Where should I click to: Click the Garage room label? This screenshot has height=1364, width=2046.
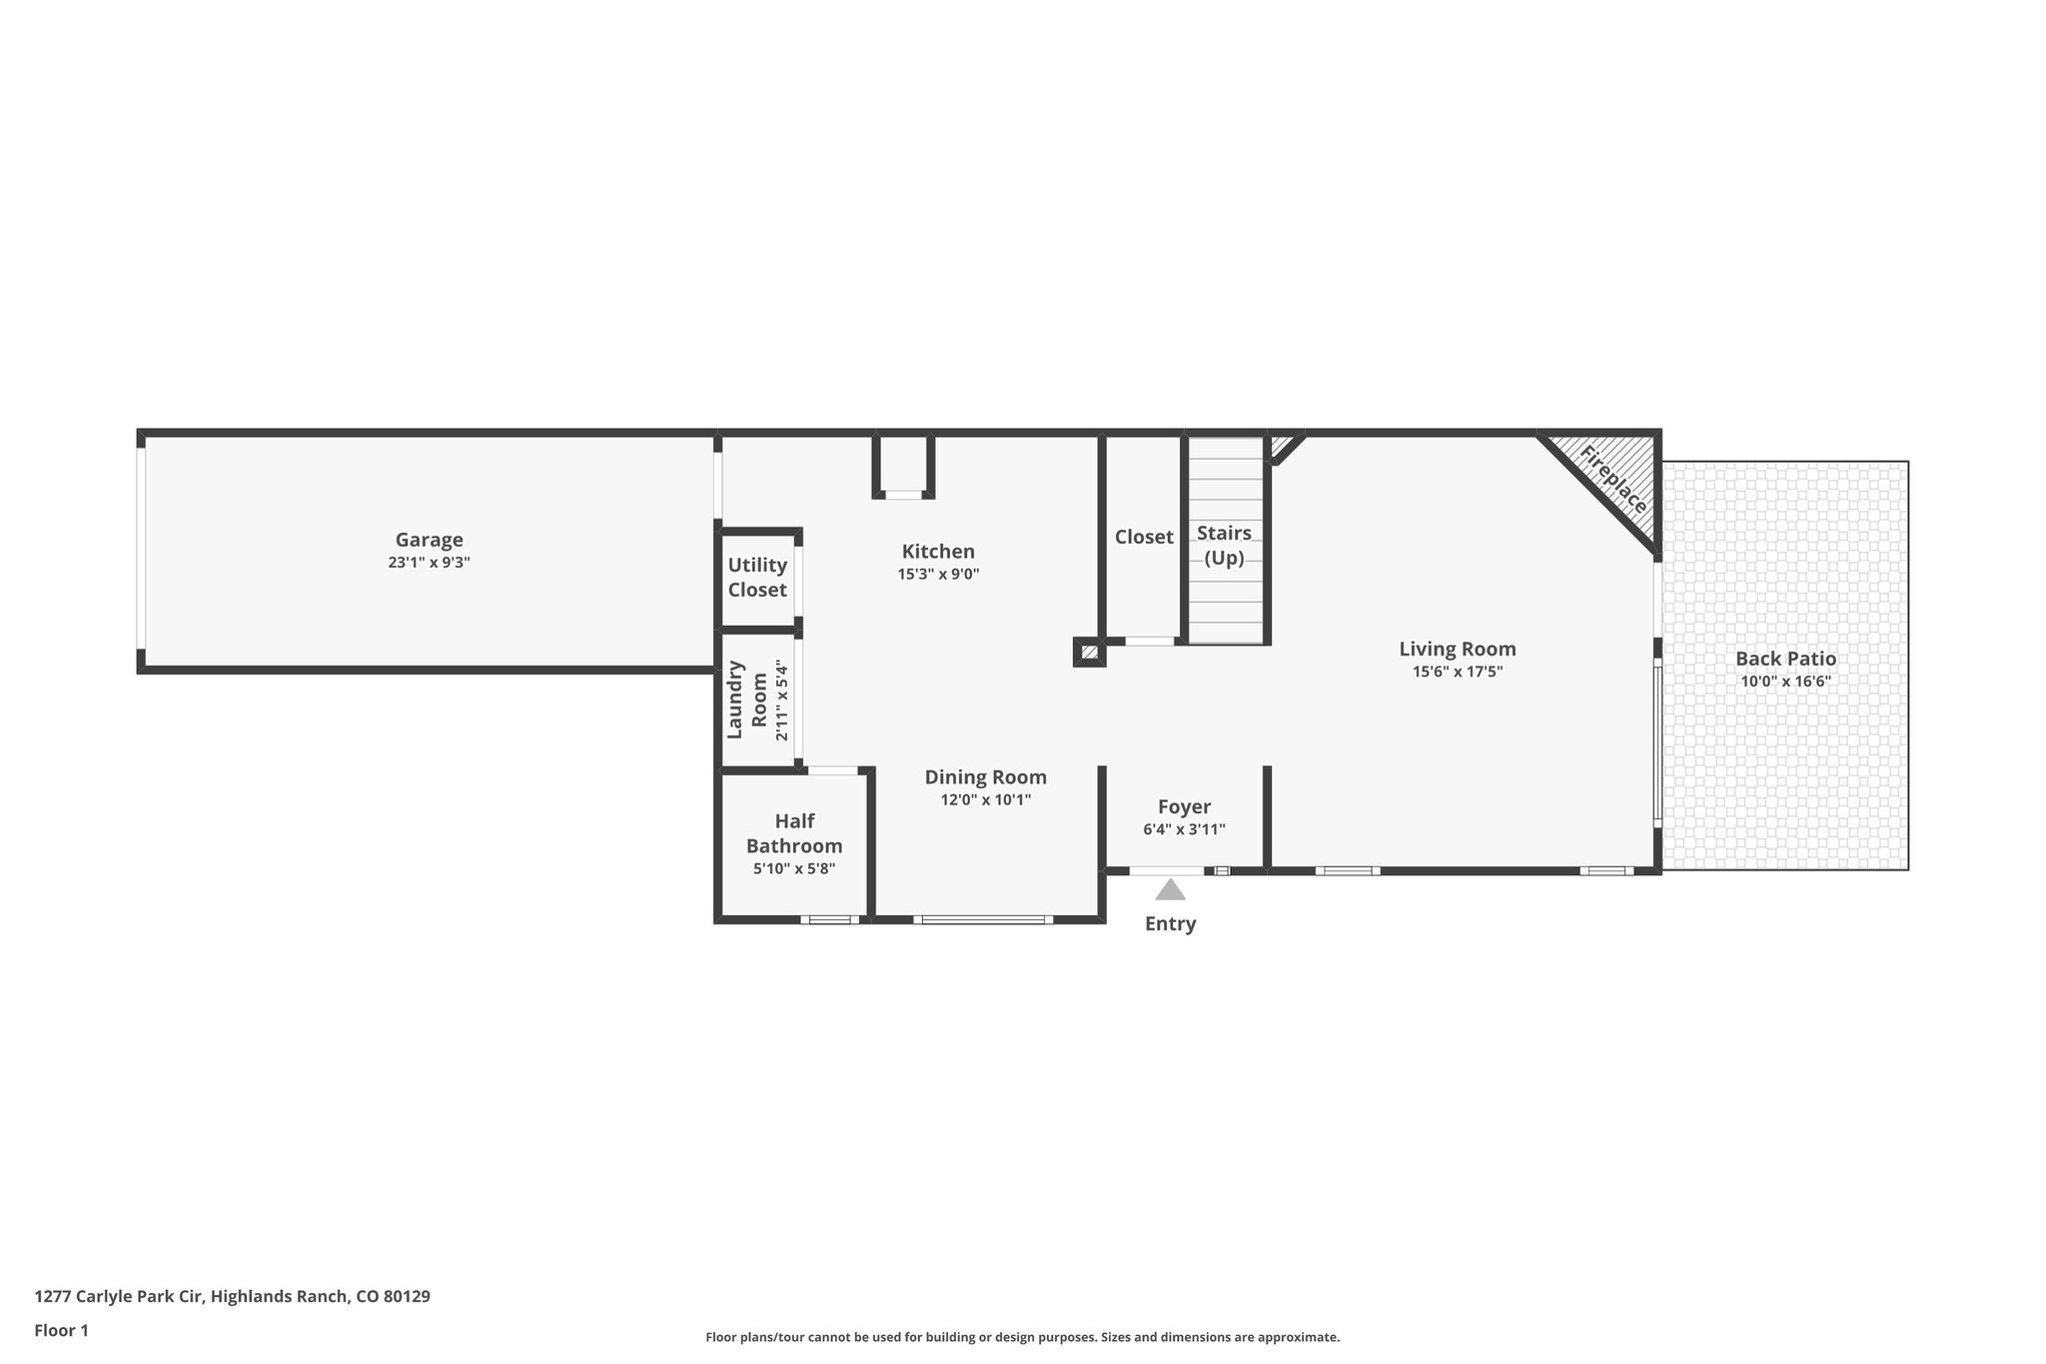pos(429,541)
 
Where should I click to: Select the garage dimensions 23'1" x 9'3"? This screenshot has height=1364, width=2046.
pos(429,563)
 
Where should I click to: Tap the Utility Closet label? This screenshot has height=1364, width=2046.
pos(757,578)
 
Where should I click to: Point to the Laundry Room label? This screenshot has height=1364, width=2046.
pos(747,699)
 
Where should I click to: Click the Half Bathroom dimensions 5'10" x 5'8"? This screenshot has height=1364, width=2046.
pos(794,869)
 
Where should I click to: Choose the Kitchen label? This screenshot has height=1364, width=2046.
pos(938,552)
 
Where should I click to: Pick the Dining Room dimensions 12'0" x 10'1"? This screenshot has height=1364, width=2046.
pos(985,800)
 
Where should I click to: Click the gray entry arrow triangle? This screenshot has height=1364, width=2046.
pos(1170,889)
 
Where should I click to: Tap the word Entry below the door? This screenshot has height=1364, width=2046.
pos(1170,924)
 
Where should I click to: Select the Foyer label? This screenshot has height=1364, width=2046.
pos(1184,807)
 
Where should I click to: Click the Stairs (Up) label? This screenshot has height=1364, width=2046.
pos(1224,546)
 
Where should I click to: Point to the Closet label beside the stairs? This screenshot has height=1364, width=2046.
pos(1144,538)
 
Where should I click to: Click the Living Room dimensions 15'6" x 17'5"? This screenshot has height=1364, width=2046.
pos(1457,673)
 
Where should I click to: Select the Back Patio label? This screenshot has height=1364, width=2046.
pos(1785,660)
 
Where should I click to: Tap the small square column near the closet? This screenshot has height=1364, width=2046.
pos(1089,653)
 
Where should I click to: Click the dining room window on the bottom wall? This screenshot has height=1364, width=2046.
pos(983,919)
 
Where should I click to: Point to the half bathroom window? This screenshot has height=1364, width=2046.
pos(829,919)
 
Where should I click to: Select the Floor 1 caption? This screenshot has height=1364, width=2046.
pos(61,1330)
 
